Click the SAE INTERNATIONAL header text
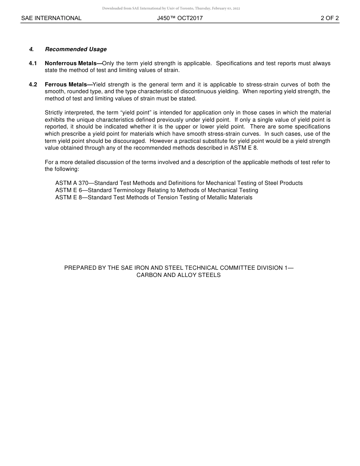pos(51,18)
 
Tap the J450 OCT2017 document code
pos(180,18)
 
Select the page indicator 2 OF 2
pos(329,18)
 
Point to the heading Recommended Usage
pos(76,49)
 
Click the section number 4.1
pos(33,63)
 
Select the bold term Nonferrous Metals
pos(71,63)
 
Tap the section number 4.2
pos(33,84)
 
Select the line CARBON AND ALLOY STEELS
pos(178,275)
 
